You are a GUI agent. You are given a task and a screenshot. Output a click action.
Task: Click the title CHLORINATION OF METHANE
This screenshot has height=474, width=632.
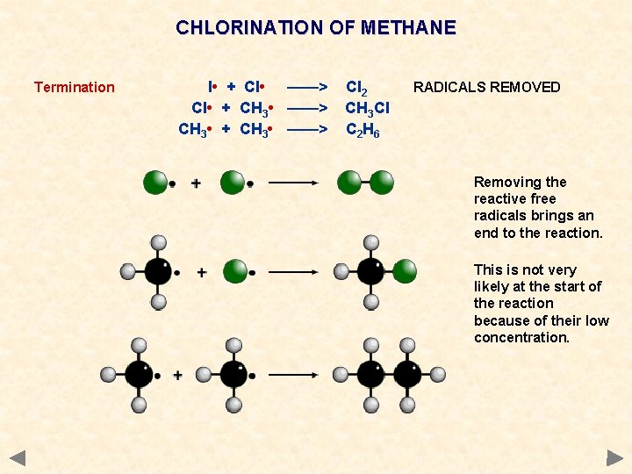tap(316, 27)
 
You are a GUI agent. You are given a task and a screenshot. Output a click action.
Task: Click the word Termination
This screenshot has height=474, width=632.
tap(75, 87)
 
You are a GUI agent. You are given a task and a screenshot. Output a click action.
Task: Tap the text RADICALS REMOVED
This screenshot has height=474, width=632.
tap(486, 87)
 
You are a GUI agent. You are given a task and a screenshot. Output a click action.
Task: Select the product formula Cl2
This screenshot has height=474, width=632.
tap(356, 88)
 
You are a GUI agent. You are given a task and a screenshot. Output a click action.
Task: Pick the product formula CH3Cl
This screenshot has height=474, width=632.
tap(367, 109)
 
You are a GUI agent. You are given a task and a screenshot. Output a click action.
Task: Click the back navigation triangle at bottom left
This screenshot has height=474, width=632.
tap(18, 457)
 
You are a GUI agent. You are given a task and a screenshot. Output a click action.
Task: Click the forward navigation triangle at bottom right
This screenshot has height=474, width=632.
tap(614, 457)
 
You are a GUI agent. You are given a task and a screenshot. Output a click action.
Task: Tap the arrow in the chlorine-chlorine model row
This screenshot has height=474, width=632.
tap(292, 183)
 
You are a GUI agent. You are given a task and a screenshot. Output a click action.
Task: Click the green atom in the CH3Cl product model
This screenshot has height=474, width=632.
tap(405, 271)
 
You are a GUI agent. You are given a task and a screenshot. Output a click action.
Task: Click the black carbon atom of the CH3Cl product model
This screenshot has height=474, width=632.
tap(370, 271)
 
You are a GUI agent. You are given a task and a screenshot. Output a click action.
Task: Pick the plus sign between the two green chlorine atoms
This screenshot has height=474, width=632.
tap(196, 183)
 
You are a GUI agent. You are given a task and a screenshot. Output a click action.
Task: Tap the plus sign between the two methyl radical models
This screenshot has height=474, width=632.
tap(178, 375)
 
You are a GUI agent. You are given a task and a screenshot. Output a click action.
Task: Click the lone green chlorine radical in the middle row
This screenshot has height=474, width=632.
tap(235, 271)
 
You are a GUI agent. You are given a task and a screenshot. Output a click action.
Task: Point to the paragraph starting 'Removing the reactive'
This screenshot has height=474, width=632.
tap(538, 207)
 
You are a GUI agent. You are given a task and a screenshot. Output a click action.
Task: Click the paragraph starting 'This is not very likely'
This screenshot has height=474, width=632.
tap(541, 303)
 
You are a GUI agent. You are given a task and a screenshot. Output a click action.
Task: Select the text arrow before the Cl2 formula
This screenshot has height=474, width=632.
tap(307, 87)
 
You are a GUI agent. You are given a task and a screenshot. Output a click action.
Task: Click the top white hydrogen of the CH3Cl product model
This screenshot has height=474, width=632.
tap(371, 242)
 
